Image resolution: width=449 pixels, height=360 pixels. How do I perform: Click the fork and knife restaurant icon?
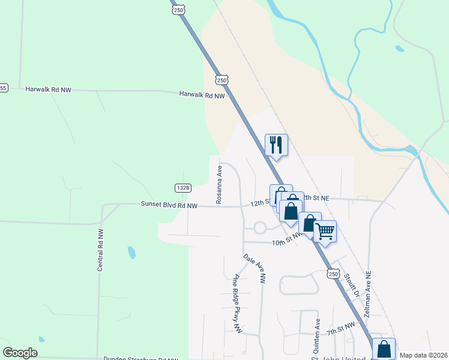coord(276,145)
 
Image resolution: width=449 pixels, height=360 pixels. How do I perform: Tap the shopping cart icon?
coord(325,231)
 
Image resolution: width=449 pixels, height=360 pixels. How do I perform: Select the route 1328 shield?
coord(184,188)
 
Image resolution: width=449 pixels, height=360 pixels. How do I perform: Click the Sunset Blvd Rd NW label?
coord(169,205)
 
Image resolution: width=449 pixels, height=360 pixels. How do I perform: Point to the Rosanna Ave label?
coord(219,185)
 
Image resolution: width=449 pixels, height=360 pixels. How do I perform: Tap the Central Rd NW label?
coord(100,249)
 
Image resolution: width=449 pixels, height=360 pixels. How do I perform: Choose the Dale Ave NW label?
coord(255,268)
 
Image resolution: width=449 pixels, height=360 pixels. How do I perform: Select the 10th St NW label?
coord(286,242)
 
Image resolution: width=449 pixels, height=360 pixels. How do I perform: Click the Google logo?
coord(20,352)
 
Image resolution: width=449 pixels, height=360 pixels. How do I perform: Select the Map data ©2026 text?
coord(424,355)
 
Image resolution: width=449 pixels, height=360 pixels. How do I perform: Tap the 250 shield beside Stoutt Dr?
coord(334,274)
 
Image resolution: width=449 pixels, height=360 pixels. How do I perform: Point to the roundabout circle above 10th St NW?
coord(260,228)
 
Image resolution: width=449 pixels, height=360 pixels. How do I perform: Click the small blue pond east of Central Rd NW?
coord(131,253)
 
